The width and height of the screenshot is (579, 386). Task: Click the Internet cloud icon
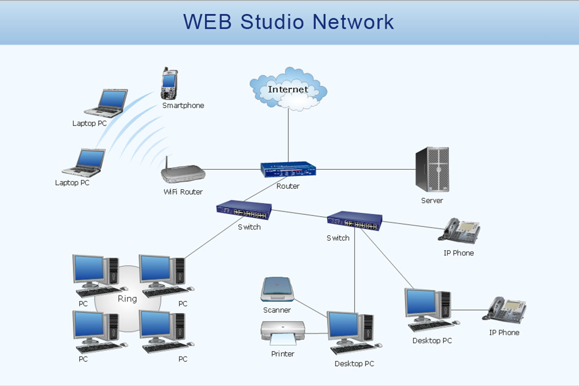288,90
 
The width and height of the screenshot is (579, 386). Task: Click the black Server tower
432,169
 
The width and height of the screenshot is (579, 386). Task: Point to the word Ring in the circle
127,299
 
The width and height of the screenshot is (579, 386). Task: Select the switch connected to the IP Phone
355,221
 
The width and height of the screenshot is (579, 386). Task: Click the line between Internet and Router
288,135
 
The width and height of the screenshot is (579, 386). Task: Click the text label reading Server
432,200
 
